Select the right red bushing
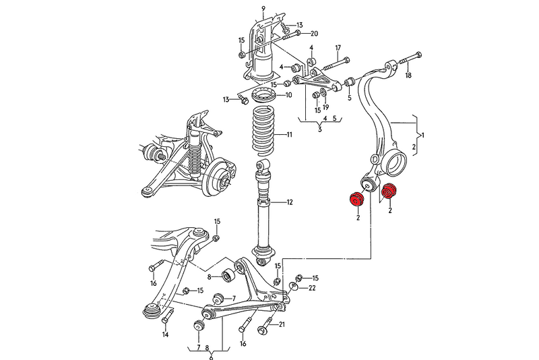coord(389,193)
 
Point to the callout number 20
coord(315,33)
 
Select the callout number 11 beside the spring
coord(289,135)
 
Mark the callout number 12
coord(289,202)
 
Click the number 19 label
coord(325,107)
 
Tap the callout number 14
coord(164,334)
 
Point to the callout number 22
coord(312,289)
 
